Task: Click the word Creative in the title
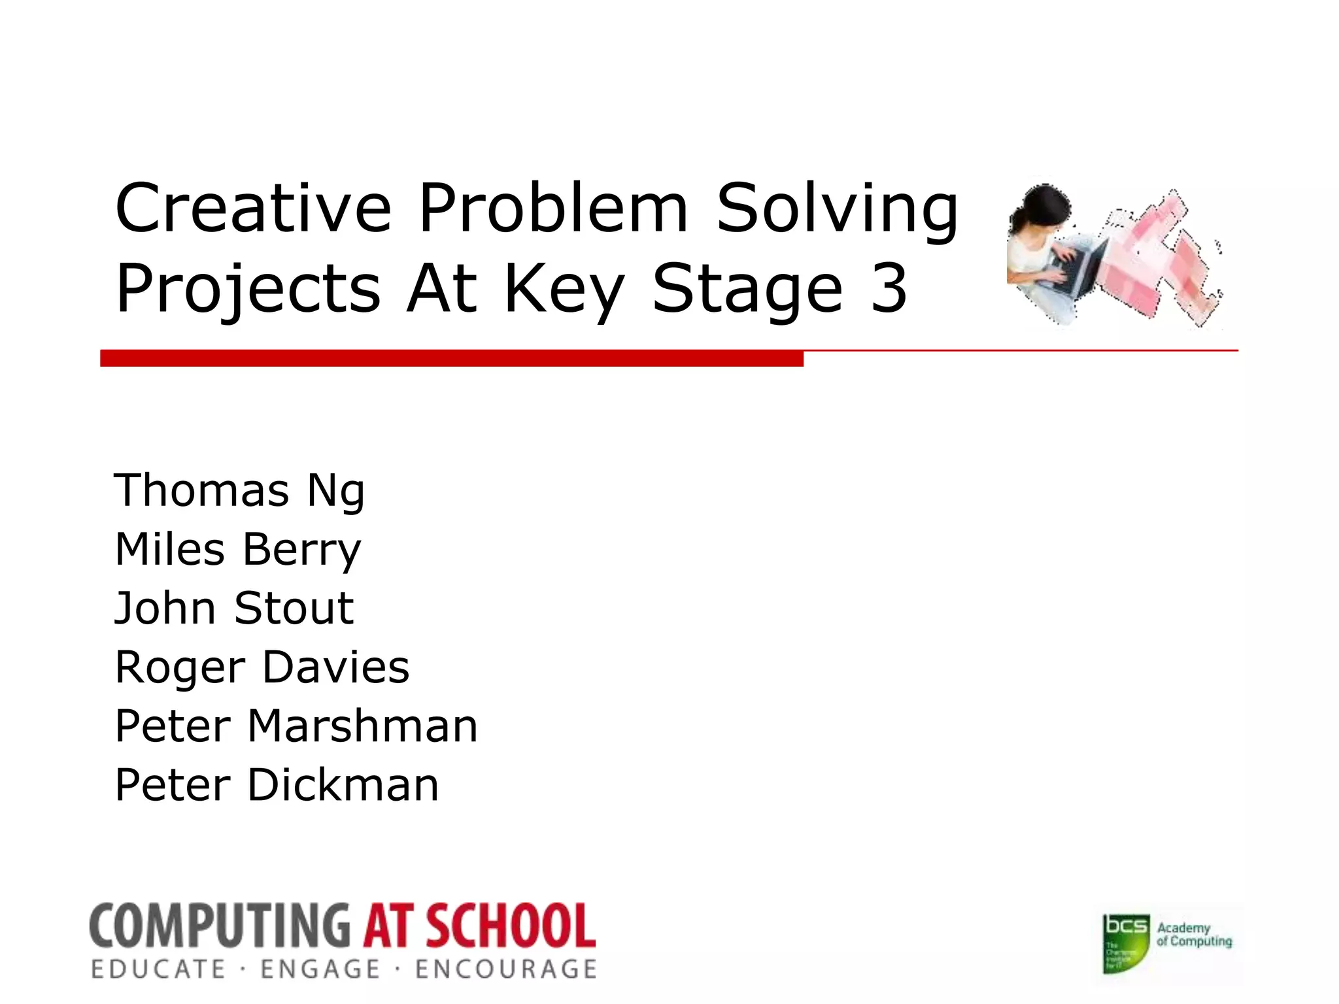coord(253,208)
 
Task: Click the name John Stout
coord(234,609)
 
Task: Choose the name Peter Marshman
coord(296,726)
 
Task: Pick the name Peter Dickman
coord(277,785)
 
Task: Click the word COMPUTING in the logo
coord(220,926)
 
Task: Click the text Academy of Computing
coord(1194,935)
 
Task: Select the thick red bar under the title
coord(451,358)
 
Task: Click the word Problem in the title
coord(553,208)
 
